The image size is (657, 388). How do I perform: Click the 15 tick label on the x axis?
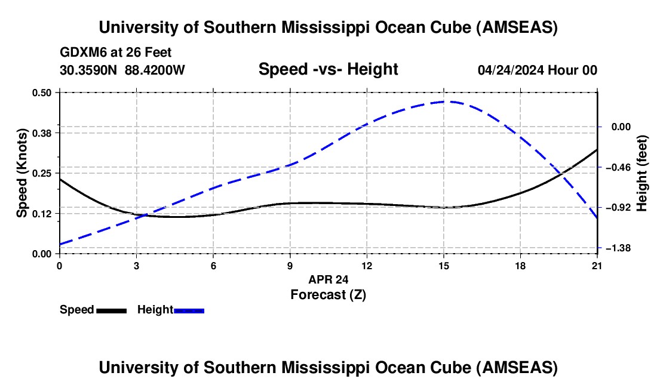pos(443,266)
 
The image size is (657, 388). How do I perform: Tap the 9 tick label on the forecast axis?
pos(290,266)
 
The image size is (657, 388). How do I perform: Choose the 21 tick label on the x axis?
pos(597,266)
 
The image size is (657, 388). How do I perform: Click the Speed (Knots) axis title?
pos(22,173)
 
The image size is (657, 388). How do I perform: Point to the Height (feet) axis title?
pos(642,173)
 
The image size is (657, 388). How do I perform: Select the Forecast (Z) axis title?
pos(328,294)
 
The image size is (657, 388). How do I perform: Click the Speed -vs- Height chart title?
pos(328,69)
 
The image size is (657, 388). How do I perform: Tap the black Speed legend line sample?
pos(111,310)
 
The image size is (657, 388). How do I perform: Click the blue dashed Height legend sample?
pos(189,310)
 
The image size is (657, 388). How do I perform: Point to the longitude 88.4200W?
pos(155,70)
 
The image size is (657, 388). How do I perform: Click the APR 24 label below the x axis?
pos(328,279)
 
